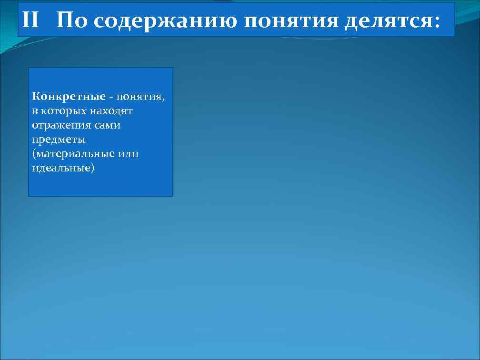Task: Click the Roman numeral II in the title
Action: (x=31, y=20)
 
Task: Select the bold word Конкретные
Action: (x=69, y=97)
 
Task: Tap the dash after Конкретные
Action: (x=111, y=97)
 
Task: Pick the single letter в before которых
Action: (x=35, y=111)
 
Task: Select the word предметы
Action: (x=59, y=140)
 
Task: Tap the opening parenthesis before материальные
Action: (x=34, y=154)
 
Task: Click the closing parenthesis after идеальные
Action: (x=93, y=169)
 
